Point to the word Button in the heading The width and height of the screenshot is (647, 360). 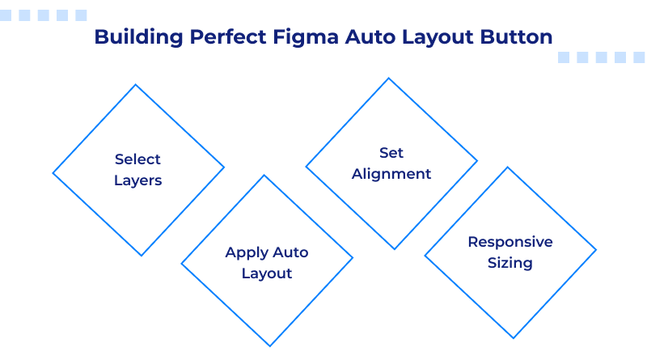pyautogui.click(x=518, y=37)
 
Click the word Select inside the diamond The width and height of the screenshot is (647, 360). pyautogui.click(x=137, y=159)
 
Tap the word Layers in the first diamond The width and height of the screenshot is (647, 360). pyautogui.click(x=137, y=180)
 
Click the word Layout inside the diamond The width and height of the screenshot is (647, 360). pyautogui.click(x=267, y=273)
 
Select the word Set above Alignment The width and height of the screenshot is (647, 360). pyautogui.click(x=391, y=153)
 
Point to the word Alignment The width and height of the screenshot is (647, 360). pyautogui.click(x=391, y=174)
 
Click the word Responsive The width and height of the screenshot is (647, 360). pyautogui.click(x=510, y=242)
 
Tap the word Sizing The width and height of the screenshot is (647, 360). pyautogui.click(x=510, y=263)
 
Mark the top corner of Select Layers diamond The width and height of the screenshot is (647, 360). pyautogui.click(x=137, y=85)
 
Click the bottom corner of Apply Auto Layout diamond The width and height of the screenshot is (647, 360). pyautogui.click(x=267, y=346)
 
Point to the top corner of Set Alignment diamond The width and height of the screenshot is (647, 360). pyautogui.click(x=391, y=78)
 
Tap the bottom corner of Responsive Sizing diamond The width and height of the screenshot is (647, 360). pyautogui.click(x=510, y=338)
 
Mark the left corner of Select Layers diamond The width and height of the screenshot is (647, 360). pyautogui.click(x=53, y=171)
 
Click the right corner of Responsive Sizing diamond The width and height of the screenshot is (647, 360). pyautogui.click(x=596, y=252)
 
